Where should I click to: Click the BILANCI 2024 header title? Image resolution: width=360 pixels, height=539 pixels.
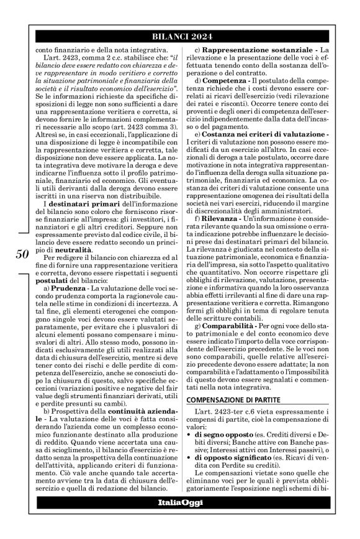pos(179,37)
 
